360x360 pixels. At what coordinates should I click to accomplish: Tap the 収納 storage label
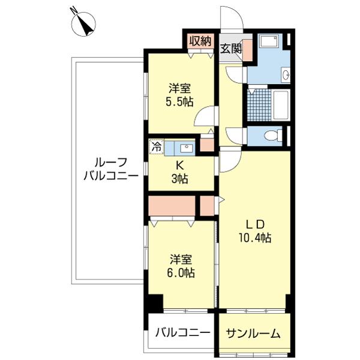(x=200, y=41)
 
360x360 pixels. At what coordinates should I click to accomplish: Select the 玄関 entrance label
(x=231, y=49)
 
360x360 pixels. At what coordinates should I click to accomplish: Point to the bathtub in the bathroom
(x=280, y=105)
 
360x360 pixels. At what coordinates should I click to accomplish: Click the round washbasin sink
(x=286, y=74)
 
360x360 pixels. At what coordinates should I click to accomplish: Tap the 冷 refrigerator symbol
(x=157, y=146)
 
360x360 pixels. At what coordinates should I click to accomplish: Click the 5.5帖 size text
(x=179, y=102)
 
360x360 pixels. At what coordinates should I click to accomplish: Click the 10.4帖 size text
(x=255, y=238)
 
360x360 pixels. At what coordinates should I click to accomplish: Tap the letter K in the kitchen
(x=179, y=164)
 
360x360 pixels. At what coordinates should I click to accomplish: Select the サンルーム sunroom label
(x=253, y=334)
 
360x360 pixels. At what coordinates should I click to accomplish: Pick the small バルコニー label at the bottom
(x=183, y=332)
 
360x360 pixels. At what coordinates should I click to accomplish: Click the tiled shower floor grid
(x=260, y=105)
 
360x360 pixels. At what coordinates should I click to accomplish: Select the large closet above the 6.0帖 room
(x=172, y=206)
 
